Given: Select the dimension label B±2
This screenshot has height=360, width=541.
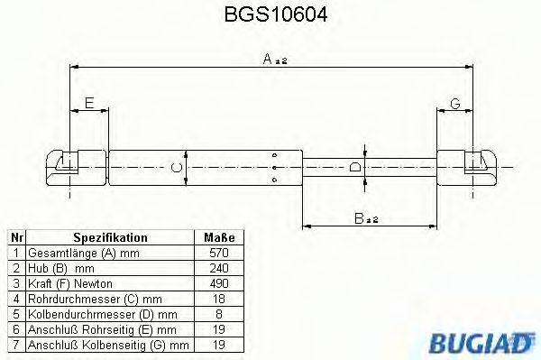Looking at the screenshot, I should coord(365,217).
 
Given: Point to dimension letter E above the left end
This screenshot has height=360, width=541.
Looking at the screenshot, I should coord(88,102).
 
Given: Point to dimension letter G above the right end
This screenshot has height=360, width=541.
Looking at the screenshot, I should coord(455,104).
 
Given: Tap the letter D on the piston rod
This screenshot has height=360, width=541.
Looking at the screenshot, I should coord(355,167).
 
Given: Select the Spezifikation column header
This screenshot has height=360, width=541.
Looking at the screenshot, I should coord(110,237).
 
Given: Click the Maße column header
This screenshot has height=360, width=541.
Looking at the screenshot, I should coord(218,237).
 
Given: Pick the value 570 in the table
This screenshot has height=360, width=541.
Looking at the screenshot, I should coord(218,254).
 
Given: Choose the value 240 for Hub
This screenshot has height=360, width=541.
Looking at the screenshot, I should coord(218,269).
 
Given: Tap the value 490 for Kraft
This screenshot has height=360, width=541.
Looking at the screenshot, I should coord(218,284).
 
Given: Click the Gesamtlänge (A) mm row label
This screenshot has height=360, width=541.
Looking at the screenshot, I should coord(82,254).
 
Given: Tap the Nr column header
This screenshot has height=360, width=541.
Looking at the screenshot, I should coord(15,237).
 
